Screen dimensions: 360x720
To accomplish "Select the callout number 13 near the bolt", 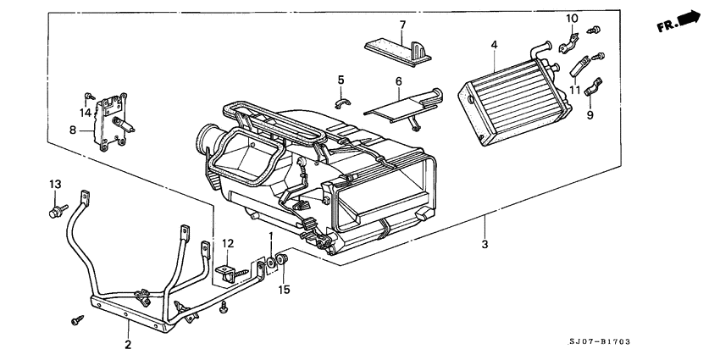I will [55, 184].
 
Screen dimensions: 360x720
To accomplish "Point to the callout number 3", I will [485, 246].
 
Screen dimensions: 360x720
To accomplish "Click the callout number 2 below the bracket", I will [128, 345].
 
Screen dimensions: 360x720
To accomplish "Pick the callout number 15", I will [285, 290].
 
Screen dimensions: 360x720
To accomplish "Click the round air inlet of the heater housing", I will [209, 140].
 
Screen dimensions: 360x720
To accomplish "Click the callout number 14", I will [85, 112].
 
